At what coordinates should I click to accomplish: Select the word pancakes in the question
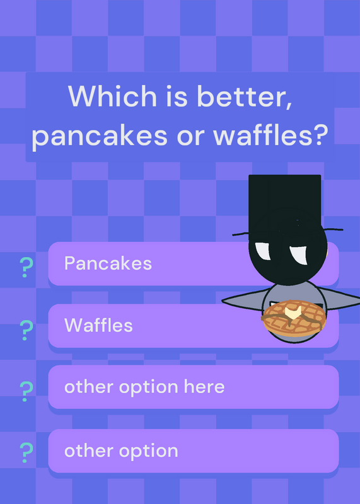[x=100, y=135]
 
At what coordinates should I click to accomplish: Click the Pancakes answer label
[x=108, y=263]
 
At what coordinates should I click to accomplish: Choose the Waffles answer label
[x=98, y=325]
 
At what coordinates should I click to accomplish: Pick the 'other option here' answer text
[x=144, y=387]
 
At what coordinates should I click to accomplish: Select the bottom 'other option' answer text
[x=121, y=451]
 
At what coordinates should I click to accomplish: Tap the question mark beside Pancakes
[x=26, y=267]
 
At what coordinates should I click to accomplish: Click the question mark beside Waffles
[x=26, y=330]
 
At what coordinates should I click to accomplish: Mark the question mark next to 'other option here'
[x=26, y=391]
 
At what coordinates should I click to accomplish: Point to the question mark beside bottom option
[x=26, y=452]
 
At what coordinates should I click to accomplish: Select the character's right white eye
[x=299, y=255]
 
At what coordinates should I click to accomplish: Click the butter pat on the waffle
[x=293, y=312]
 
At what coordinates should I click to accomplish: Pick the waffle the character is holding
[x=294, y=318]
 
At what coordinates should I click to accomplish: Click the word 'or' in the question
[x=191, y=136]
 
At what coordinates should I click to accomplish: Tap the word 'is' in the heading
[x=177, y=96]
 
